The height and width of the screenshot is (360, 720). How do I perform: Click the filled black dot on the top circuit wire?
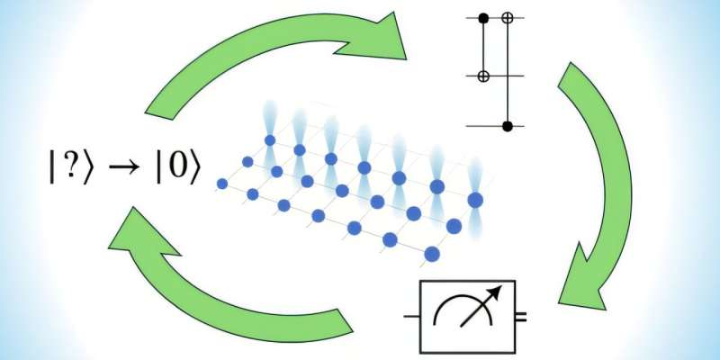(x=483, y=17)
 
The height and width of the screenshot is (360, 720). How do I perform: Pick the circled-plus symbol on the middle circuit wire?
(x=483, y=77)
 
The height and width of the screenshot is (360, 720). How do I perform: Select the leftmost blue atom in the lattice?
(x=221, y=184)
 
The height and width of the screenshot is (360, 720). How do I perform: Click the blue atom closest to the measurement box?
(x=431, y=254)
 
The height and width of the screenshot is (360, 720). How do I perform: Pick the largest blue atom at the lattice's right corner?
(x=475, y=199)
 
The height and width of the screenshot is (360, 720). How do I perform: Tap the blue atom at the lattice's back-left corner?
(x=268, y=139)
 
